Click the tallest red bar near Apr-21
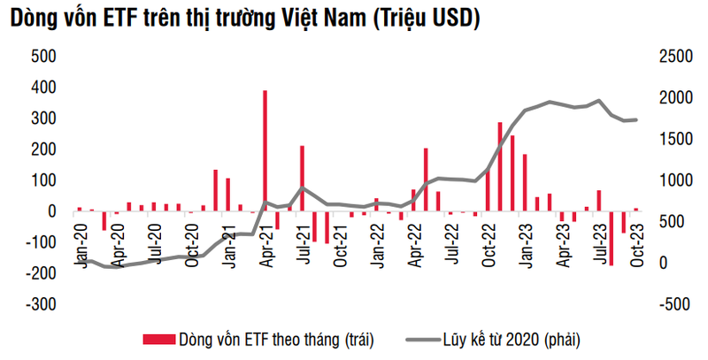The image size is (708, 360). tap(265, 150)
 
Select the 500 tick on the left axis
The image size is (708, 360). tap(42, 57)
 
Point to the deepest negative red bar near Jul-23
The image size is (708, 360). tap(611, 238)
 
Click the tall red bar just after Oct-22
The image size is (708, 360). tap(500, 167)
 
